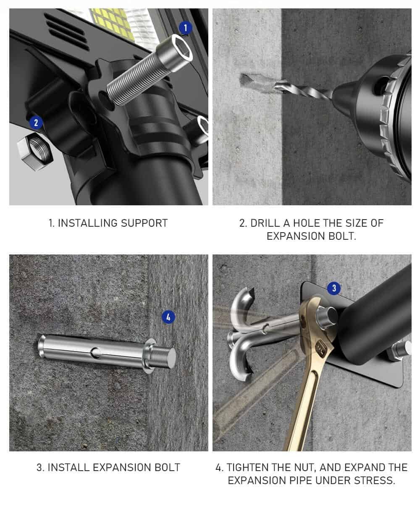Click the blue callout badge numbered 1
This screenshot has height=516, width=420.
point(185,28)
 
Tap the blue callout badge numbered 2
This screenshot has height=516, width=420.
point(36,123)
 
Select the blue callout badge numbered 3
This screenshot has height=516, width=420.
point(334,288)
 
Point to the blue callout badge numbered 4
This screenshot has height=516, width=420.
point(168,317)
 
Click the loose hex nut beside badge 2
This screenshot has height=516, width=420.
point(35,152)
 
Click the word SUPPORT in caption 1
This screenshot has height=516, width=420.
point(144,223)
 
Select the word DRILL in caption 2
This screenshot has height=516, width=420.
point(265,223)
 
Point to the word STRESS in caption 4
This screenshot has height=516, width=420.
point(374,480)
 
